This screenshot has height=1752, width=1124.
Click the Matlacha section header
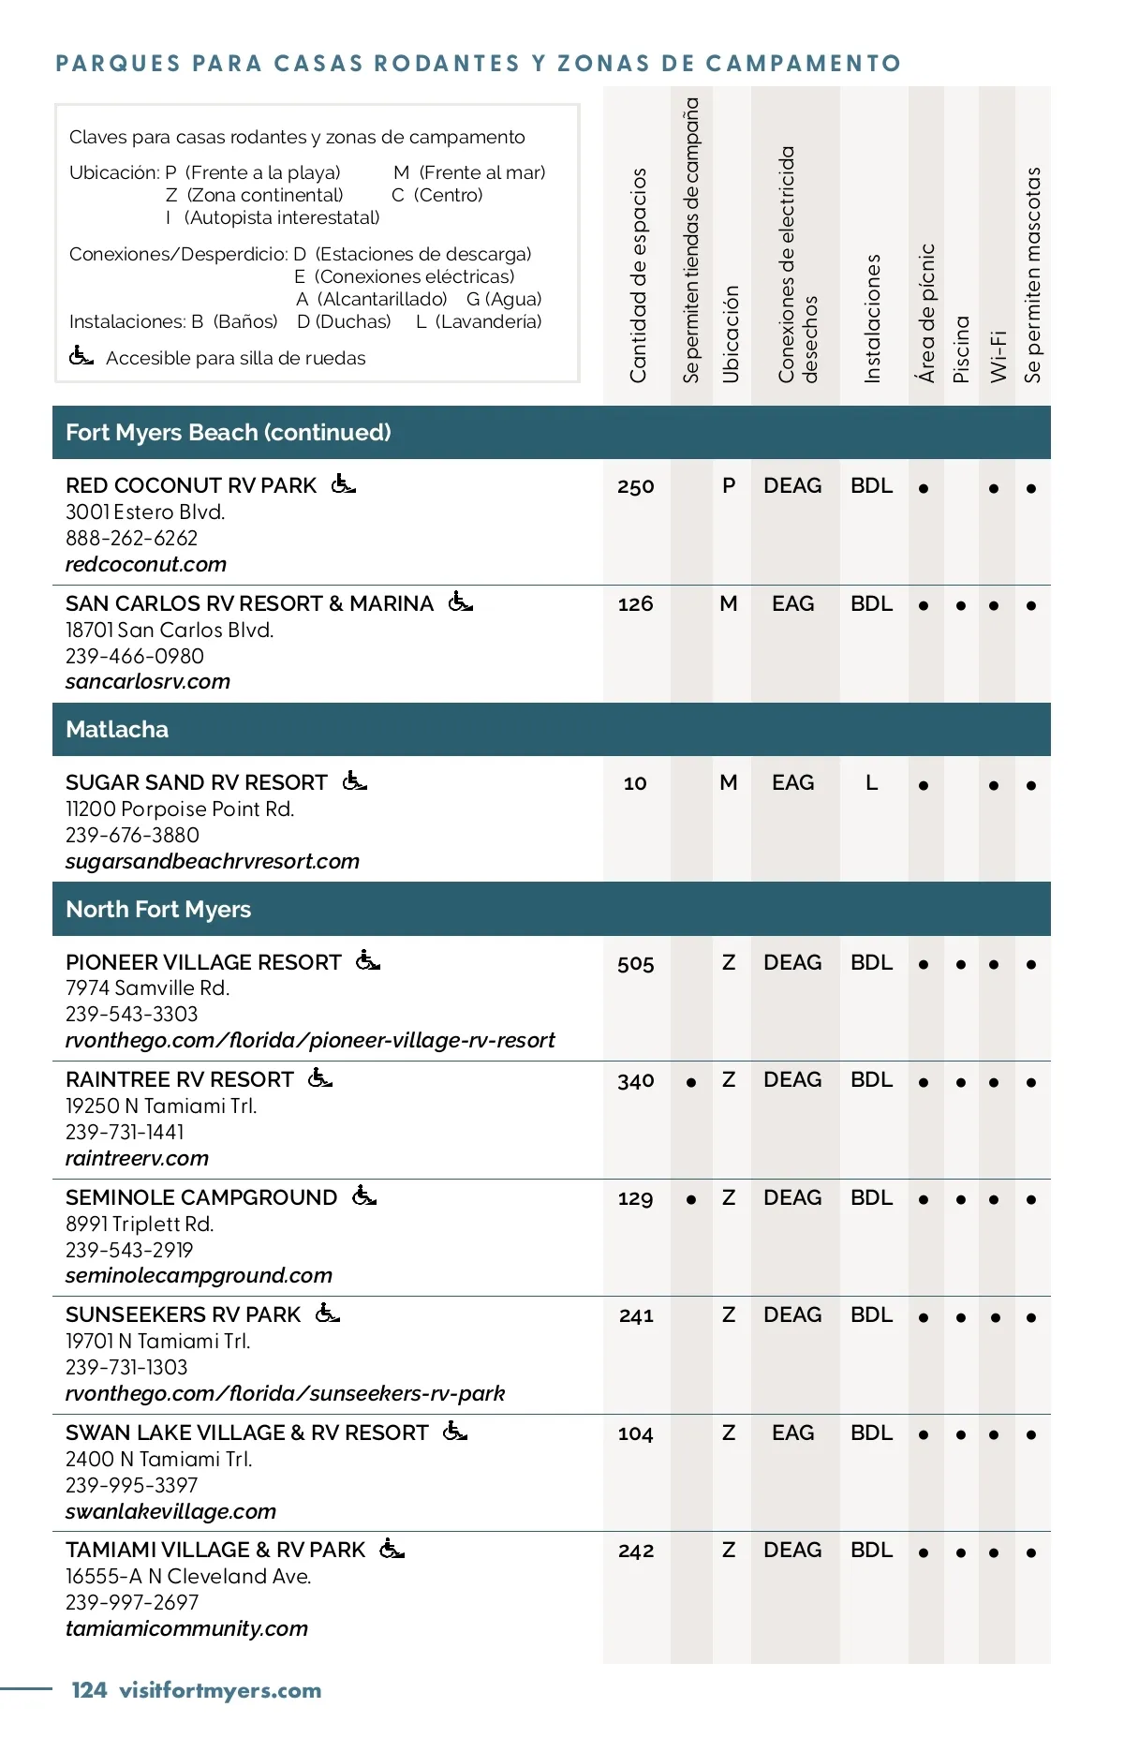[117, 729]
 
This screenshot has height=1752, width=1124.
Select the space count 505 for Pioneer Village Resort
[635, 963]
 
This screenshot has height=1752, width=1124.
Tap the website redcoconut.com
[146, 564]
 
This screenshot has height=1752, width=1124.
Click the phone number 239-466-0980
[135, 656]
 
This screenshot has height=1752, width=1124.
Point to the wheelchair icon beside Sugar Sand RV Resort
[355, 780]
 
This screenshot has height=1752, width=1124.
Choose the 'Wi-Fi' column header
[998, 356]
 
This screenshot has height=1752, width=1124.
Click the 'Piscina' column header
[961, 349]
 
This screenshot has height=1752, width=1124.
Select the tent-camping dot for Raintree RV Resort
[691, 1082]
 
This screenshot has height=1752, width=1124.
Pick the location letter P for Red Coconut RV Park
[729, 485]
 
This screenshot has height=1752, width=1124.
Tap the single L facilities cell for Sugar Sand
[871, 782]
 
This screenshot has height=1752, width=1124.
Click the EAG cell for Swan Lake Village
[792, 1433]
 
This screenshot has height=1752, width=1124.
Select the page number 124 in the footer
[89, 1690]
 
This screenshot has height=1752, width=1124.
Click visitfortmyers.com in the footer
[221, 1690]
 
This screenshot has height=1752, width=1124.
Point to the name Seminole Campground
[201, 1197]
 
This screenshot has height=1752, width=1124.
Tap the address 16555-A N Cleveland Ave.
[188, 1576]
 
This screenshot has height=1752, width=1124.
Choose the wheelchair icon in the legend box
[81, 356]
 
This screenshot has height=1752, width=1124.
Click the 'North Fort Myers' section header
[158, 909]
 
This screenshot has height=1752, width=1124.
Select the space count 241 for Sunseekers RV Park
[636, 1315]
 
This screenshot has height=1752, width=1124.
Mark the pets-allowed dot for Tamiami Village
[1031, 1552]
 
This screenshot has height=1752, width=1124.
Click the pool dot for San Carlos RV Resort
[961, 605]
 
